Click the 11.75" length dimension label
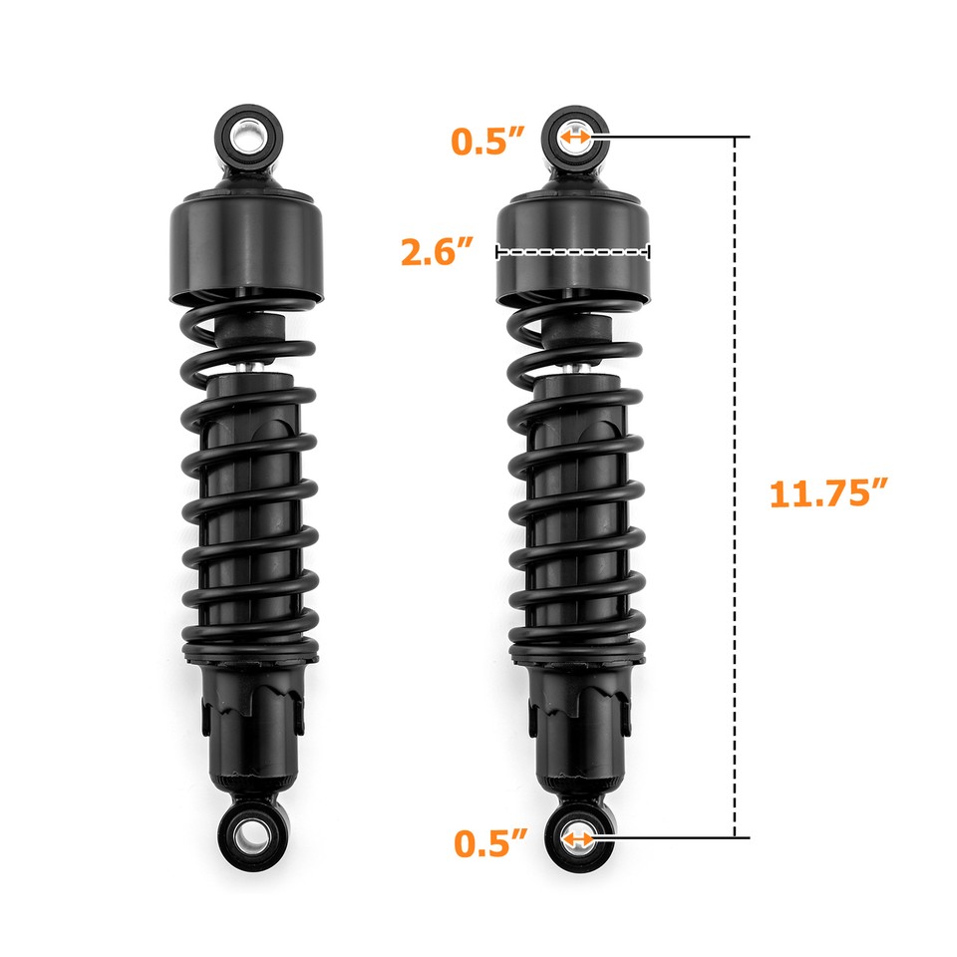click(827, 493)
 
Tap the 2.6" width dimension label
click(436, 251)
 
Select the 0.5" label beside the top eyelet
click(488, 140)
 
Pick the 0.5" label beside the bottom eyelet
click(489, 842)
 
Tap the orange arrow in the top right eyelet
click(576, 137)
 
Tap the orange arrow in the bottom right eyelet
click(576, 839)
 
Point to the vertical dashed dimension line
click(736, 399)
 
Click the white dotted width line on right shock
click(573, 252)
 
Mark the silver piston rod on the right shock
click(575, 367)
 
